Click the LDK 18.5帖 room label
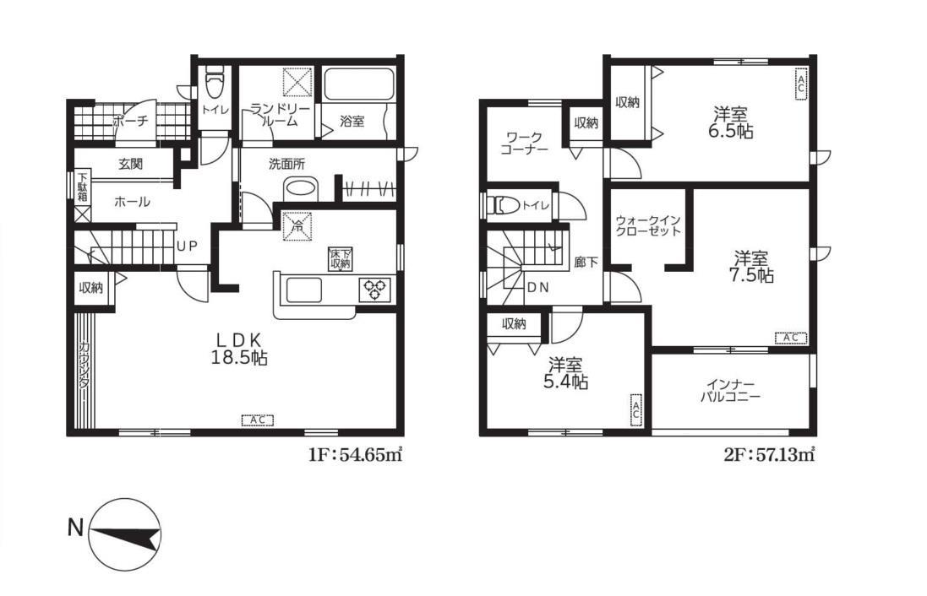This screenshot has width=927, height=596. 239,349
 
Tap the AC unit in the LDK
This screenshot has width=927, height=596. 257,420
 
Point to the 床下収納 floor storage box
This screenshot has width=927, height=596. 341,258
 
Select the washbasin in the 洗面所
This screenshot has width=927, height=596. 301,189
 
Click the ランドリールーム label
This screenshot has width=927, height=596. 271,115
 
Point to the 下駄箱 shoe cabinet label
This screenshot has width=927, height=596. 83,187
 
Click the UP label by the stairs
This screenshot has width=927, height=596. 187,246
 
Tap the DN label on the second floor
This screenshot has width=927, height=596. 538,288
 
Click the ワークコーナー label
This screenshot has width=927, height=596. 523,144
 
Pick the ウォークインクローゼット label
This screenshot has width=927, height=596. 648,225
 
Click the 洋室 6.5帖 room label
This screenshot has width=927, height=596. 731,122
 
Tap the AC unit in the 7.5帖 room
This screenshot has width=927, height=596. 791,338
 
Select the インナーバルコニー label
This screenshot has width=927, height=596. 731,391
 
